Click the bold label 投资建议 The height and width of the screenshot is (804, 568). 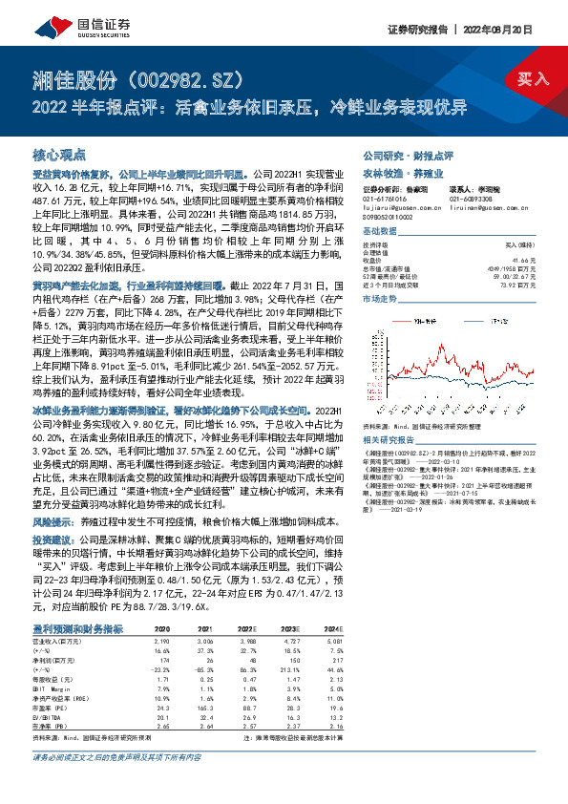click(53, 540)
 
